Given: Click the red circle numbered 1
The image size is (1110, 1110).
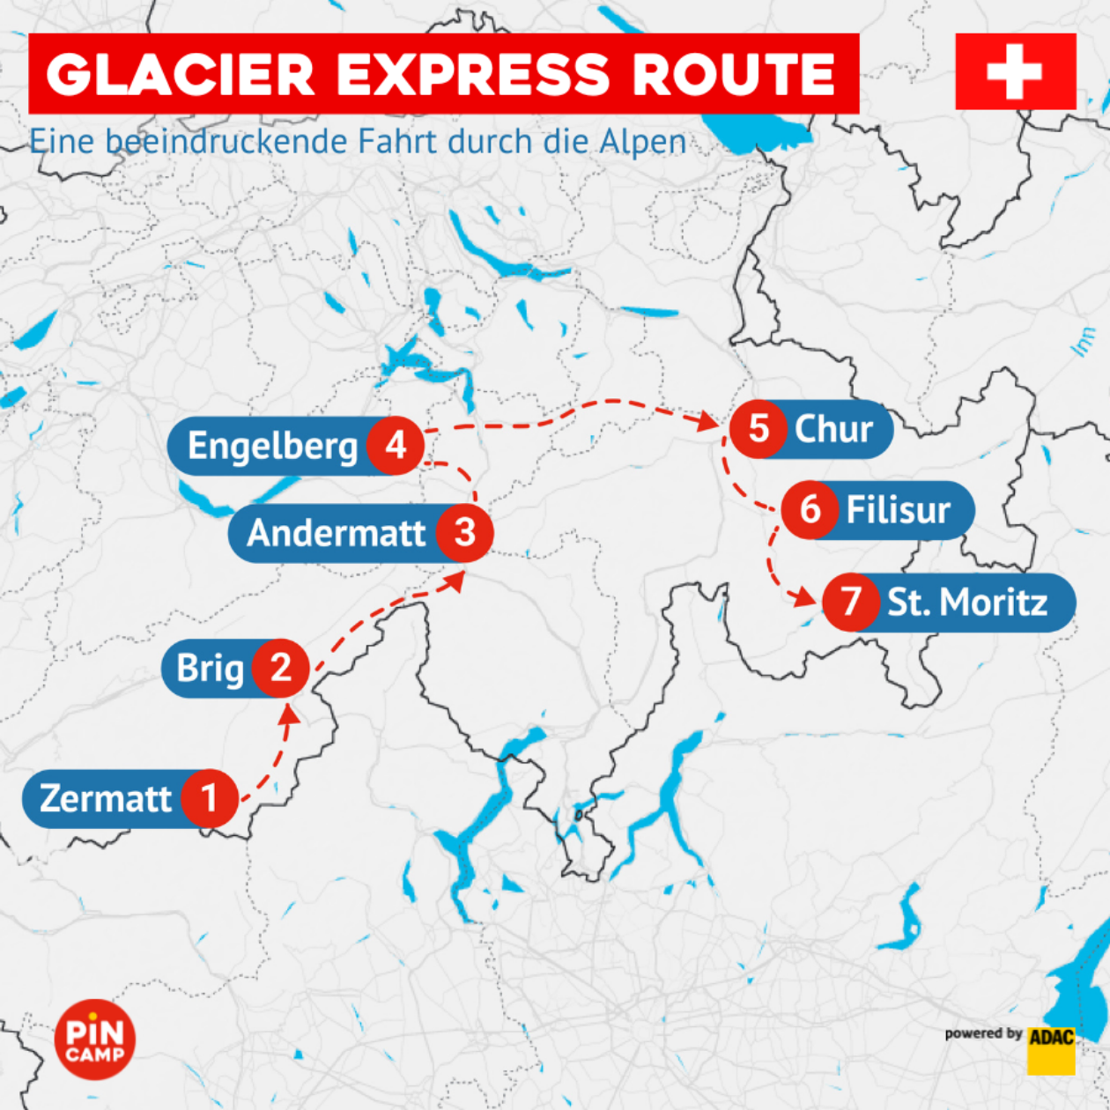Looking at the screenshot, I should tap(210, 798).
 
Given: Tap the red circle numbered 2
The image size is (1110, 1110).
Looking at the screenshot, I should tap(280, 668).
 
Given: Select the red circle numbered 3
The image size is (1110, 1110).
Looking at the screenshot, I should tap(464, 532).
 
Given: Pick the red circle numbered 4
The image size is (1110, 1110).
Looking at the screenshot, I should tap(396, 446).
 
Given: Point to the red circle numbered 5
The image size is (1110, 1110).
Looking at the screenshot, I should tap(758, 429).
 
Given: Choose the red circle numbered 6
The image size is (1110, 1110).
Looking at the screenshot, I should tap(810, 509).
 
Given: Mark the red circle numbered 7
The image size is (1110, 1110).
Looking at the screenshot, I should tap(851, 602).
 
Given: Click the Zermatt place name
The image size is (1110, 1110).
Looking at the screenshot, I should tap(106, 798).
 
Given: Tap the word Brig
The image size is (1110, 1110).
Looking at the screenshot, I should tap(210, 668).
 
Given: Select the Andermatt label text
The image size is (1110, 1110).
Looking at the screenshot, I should tap(337, 532).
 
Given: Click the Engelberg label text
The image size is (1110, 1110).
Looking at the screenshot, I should tap(272, 447).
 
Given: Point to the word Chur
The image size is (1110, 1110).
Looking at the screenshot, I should tap(833, 429).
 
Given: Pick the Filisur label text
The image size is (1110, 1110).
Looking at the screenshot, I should tap(898, 509).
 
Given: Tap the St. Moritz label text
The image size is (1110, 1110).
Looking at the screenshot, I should tap(967, 602).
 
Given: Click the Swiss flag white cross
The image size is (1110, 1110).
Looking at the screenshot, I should tap(1015, 71).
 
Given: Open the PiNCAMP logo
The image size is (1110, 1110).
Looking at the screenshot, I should tap(95, 1040).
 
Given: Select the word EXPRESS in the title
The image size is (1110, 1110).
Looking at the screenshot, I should tap(473, 74).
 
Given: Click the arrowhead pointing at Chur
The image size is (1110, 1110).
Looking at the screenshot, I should tap(708, 422).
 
